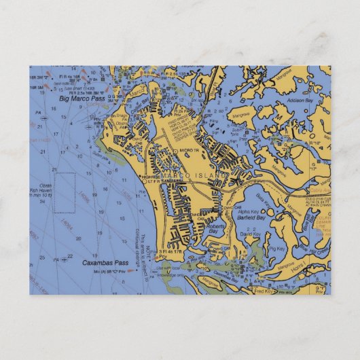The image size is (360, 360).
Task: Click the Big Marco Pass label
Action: tap(82, 98)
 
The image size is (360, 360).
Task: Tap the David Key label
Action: tap(251, 234)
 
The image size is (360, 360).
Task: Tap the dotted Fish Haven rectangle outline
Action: tap(65, 193)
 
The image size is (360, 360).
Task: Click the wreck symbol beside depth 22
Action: tap(65, 259)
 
